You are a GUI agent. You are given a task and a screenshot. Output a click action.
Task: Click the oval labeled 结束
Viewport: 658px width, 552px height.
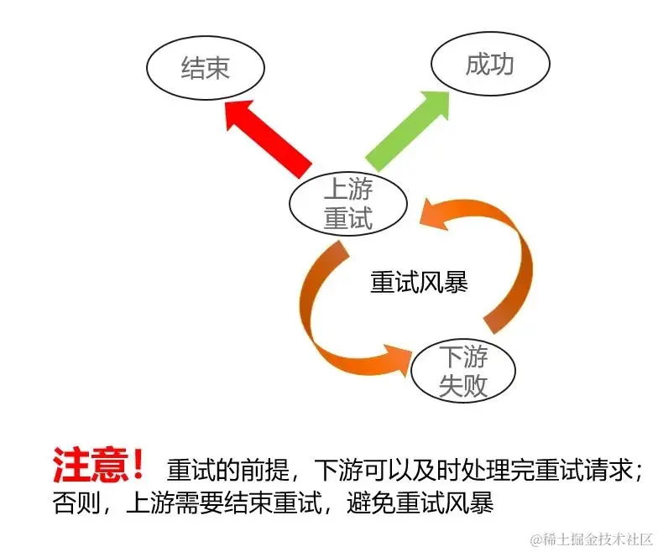click(x=205, y=68)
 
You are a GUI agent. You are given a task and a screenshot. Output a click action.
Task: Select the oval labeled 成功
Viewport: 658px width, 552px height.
click(x=489, y=64)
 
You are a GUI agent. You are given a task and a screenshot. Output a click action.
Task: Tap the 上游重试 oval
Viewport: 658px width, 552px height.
click(x=347, y=206)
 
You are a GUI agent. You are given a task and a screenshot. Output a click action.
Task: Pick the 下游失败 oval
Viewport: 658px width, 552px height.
click(x=463, y=372)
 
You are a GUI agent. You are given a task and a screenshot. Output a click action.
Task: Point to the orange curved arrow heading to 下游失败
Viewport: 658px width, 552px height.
click(x=327, y=319)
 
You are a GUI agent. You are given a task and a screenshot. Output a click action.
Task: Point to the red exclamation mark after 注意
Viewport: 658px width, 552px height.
click(x=138, y=464)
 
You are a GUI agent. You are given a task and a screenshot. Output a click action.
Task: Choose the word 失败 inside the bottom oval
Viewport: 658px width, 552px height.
click(x=463, y=386)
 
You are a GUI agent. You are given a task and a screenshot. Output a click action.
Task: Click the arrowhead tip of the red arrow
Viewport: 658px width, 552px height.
click(x=230, y=102)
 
